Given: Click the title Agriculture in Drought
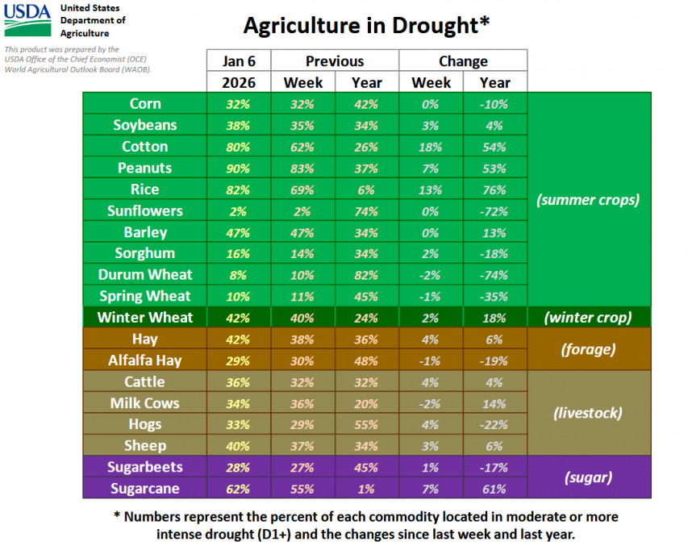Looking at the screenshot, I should point(366,25).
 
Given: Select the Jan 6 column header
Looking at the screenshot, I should point(238,61).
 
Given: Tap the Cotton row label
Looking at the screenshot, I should point(145,147).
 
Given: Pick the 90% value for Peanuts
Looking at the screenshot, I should point(238,168).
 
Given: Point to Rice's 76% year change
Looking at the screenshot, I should point(494,190).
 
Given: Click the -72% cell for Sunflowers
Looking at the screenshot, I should point(494,210).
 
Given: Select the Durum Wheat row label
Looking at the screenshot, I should point(145,275).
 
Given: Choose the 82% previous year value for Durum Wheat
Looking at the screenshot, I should point(367,275).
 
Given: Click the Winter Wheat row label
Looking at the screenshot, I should point(144,317).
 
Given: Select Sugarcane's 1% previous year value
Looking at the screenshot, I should point(367,489).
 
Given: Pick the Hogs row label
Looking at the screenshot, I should point(145,424).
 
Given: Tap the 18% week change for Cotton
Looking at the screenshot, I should point(431,147).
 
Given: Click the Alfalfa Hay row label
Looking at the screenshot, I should point(145,360).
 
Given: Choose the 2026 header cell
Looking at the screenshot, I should point(238,82).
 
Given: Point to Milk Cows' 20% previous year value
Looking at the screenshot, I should point(367,403).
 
